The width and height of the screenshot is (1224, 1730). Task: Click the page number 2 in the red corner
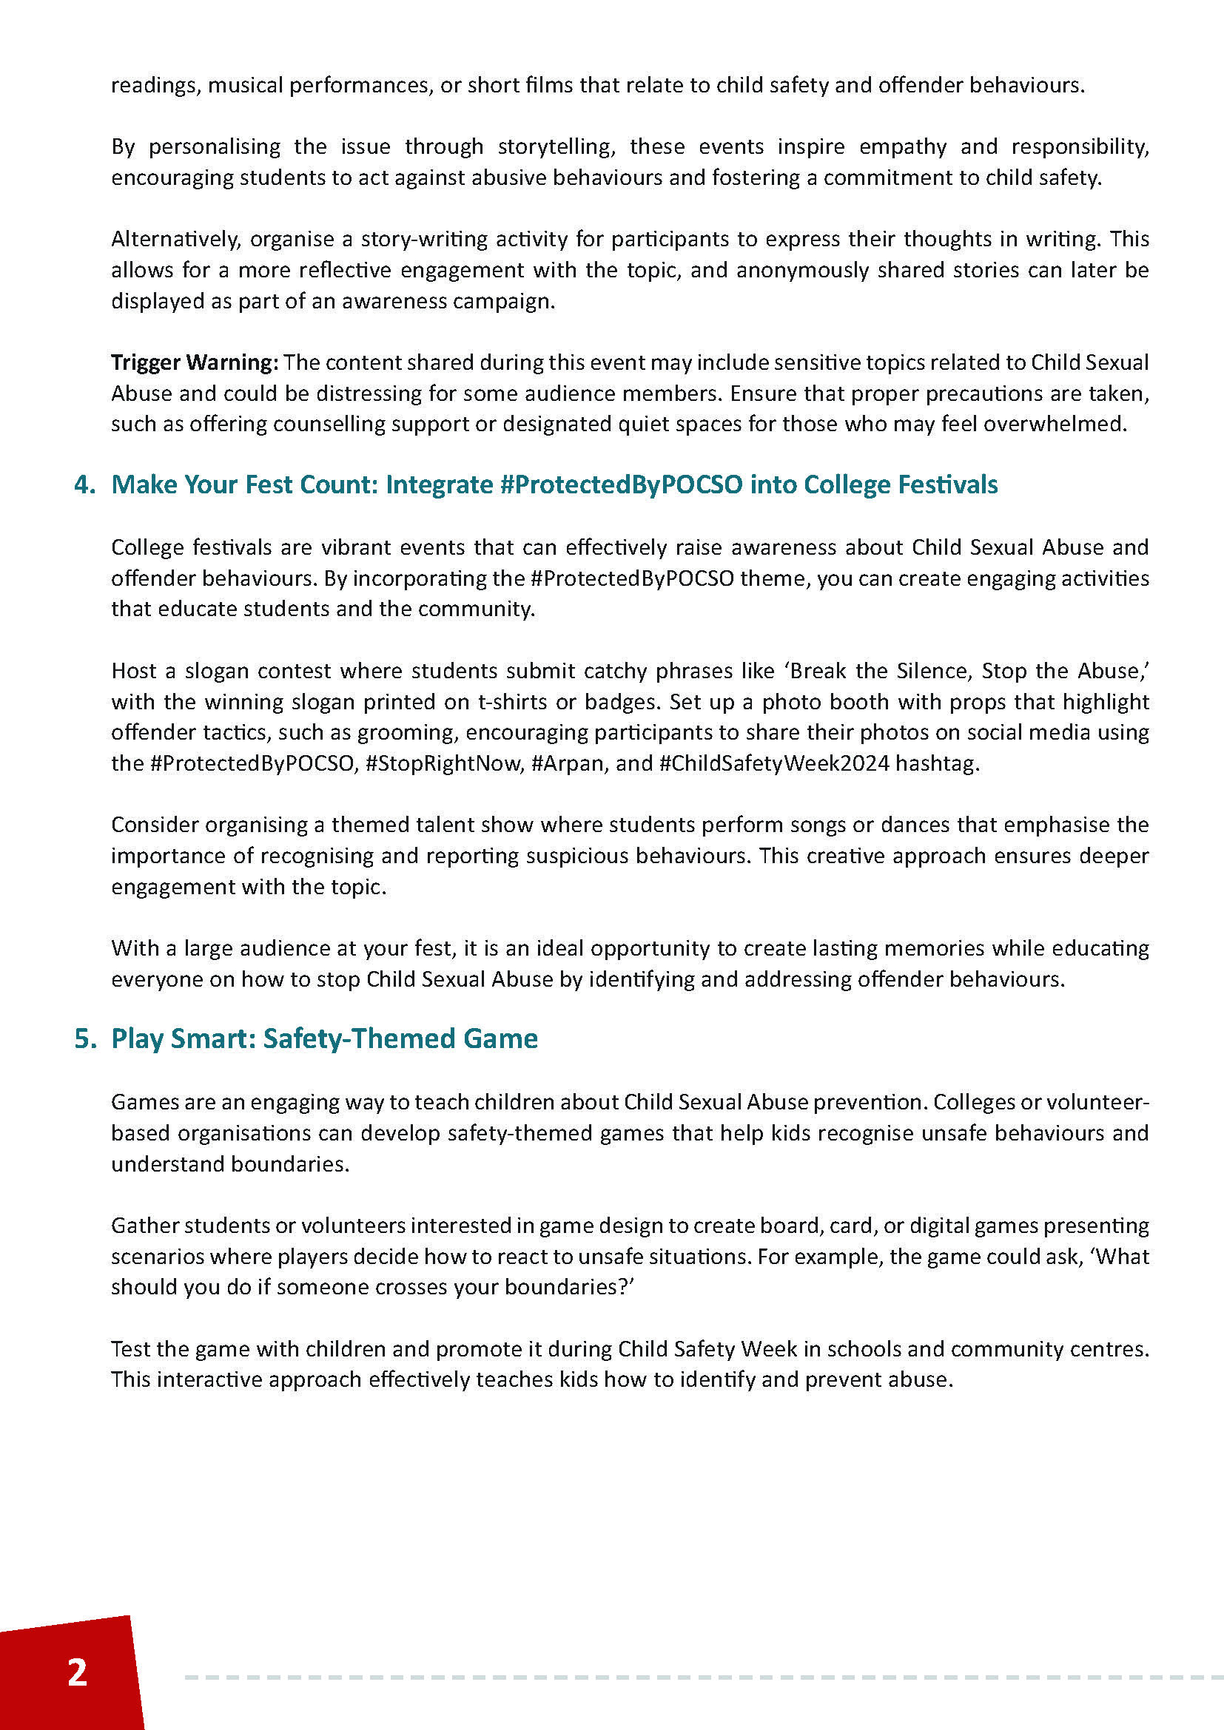77,1672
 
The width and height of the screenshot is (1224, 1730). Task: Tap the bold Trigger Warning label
195,362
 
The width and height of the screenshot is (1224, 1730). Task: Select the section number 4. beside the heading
84,484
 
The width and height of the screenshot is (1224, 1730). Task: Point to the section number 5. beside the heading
84,1038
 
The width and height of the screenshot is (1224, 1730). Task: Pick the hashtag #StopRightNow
443,763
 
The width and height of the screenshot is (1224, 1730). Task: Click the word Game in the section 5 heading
500,1038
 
